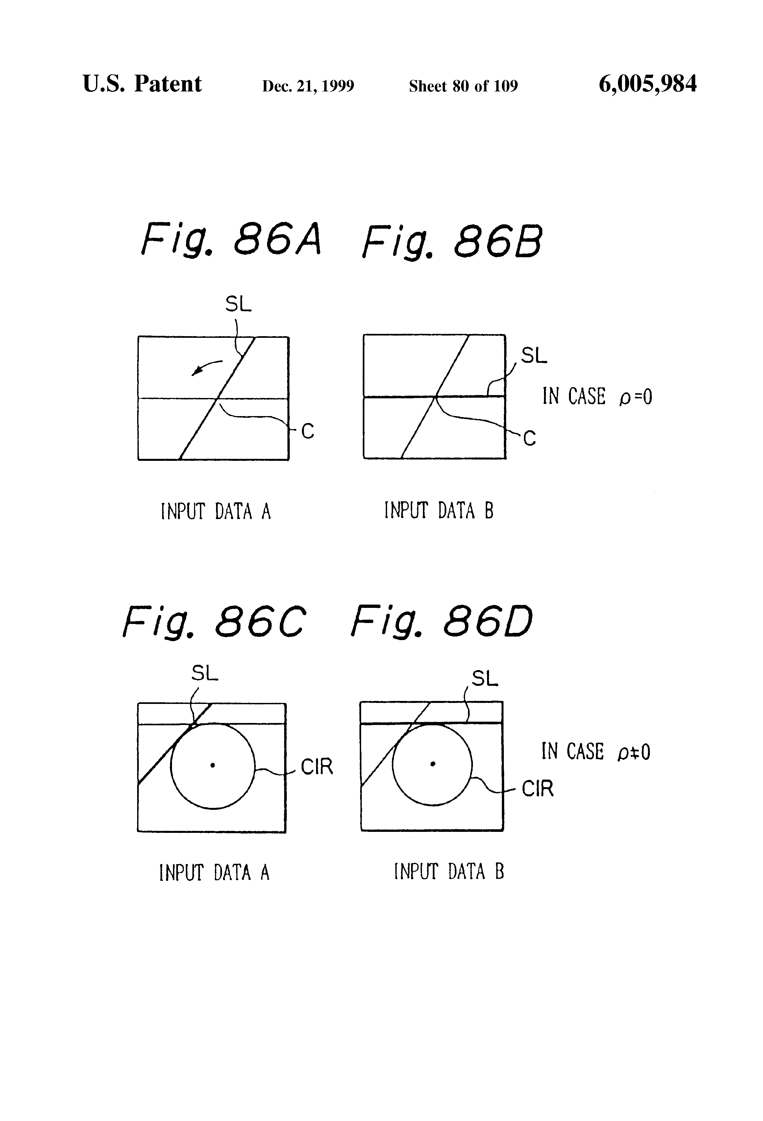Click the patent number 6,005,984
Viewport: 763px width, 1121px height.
(x=647, y=84)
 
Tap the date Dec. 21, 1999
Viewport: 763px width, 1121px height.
(x=308, y=86)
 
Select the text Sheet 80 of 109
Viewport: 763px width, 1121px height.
(x=463, y=86)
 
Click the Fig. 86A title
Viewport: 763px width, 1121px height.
(x=231, y=240)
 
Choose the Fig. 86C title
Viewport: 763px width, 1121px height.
(x=214, y=621)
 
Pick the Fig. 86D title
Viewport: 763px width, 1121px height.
(x=441, y=621)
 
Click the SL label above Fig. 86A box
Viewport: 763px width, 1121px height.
(x=238, y=304)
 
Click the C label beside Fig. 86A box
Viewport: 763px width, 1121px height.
(x=307, y=431)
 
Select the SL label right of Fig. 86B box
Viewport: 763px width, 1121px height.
(x=533, y=356)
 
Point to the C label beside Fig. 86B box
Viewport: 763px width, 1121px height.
(x=529, y=438)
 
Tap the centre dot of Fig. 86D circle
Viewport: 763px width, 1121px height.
(x=432, y=763)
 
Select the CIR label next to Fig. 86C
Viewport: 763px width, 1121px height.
(x=316, y=766)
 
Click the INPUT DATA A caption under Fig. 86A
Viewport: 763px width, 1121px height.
(x=216, y=511)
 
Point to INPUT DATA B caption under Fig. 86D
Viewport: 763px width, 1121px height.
(x=449, y=872)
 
